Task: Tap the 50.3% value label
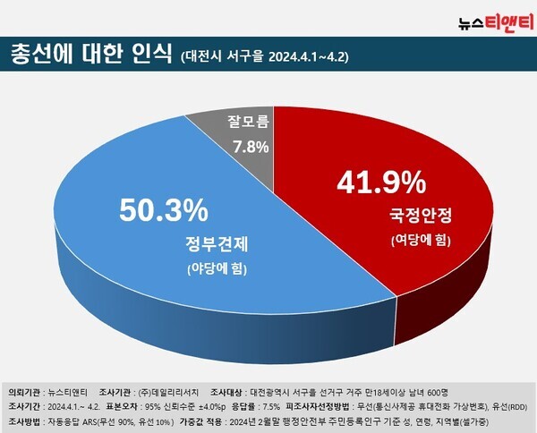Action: click(164, 212)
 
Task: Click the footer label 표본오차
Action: click(124, 405)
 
